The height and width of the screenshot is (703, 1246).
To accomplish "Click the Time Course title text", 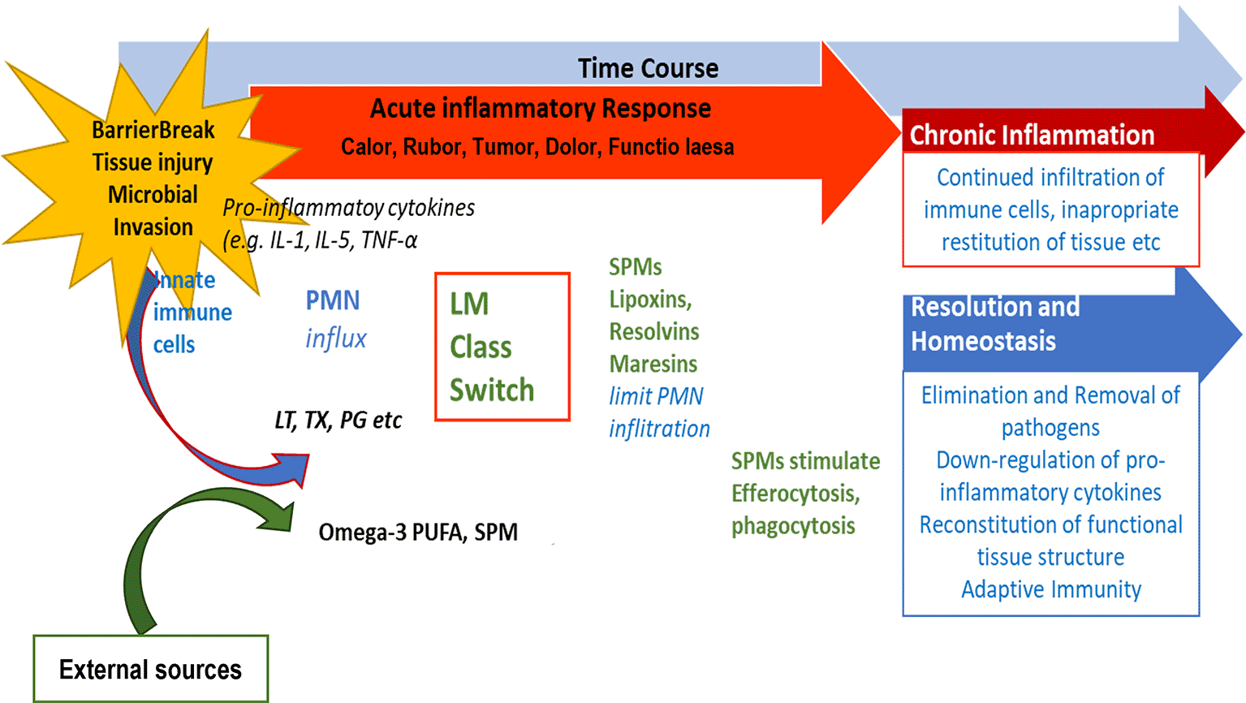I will tap(648, 68).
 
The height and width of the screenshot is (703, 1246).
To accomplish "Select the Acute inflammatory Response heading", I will tap(541, 109).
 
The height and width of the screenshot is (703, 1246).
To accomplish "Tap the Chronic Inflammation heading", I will tap(1032, 135).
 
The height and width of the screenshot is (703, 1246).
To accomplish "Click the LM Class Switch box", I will tap(502, 347).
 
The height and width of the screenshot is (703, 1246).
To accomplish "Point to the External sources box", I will tap(150, 669).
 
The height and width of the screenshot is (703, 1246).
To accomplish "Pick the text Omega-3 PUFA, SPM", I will tap(418, 533).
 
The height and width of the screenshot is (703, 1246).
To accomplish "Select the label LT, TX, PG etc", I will tap(338, 421).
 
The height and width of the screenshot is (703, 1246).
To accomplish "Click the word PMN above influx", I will tap(333, 300).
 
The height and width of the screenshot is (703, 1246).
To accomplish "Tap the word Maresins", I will tap(653, 364).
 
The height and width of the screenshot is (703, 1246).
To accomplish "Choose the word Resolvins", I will tap(654, 331).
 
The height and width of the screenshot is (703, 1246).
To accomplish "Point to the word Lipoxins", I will tap(650, 299).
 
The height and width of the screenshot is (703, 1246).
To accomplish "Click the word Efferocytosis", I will tap(795, 494).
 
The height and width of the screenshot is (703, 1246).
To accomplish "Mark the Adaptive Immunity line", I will tap(1051, 589).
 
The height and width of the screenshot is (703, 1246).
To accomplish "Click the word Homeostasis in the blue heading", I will tap(983, 341).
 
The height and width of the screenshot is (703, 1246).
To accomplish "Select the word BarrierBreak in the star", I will tap(153, 130).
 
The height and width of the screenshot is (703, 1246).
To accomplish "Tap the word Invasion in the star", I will tap(153, 227).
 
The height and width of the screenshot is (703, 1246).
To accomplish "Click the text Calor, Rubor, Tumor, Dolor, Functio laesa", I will tap(537, 147).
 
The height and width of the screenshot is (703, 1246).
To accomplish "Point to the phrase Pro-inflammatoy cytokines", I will tap(349, 208).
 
